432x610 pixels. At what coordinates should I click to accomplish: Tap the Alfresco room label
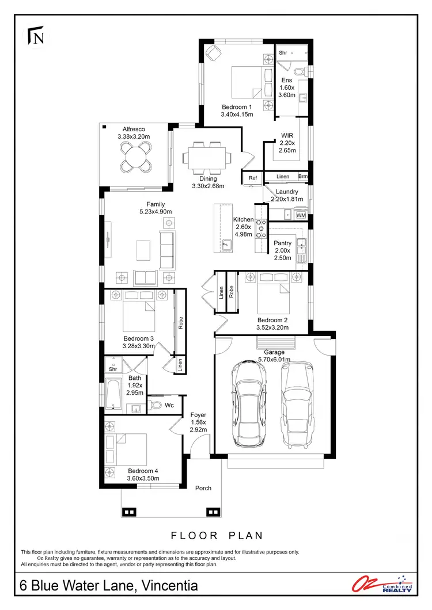tap(133, 129)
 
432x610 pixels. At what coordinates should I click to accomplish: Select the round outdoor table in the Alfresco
tap(133, 155)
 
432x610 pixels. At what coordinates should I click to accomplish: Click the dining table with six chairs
tap(208, 158)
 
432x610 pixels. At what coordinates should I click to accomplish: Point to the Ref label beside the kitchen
tap(253, 178)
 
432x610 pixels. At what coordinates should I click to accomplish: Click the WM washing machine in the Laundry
tap(301, 215)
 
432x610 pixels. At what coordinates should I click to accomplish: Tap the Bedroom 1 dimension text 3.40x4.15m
tap(237, 115)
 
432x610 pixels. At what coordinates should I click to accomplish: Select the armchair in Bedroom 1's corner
tap(214, 53)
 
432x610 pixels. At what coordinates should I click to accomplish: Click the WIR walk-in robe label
tap(287, 136)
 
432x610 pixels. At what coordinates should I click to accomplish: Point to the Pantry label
tap(282, 243)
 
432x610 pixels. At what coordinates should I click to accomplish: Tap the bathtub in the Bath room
tap(113, 395)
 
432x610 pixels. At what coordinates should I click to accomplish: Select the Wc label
tap(169, 406)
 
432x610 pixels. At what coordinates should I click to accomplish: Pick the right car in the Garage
tap(298, 403)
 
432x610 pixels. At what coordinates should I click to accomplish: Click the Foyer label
tap(198, 415)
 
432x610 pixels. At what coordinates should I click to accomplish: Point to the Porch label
tap(203, 488)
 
